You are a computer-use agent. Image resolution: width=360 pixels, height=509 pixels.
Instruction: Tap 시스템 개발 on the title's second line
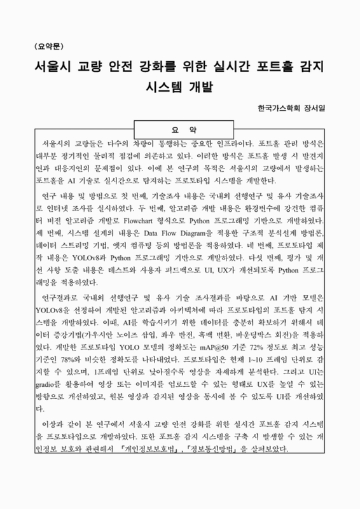(179, 87)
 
